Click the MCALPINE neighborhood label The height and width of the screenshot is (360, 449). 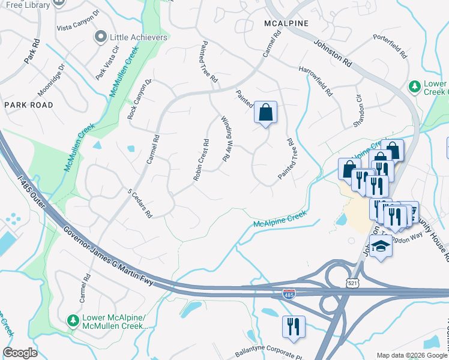point(286,23)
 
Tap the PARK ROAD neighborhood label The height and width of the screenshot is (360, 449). point(28,105)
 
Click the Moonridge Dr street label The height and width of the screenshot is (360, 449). point(50,82)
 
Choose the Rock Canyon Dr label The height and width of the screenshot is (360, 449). point(139,98)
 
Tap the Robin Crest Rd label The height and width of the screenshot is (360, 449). point(200,160)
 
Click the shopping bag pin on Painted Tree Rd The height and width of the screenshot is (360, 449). point(265,112)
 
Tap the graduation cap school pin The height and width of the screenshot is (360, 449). point(381,246)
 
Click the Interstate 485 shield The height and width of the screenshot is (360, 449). point(289,294)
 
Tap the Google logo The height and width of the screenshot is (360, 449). point(20,353)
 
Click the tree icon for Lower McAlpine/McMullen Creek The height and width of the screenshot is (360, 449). point(73,321)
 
